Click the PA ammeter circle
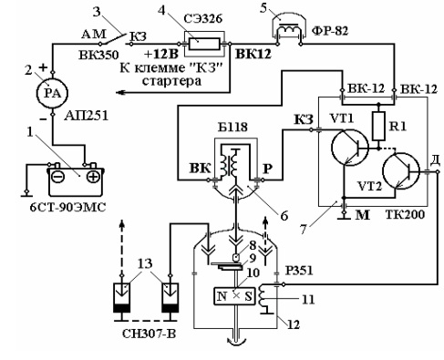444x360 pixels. pos(52,93)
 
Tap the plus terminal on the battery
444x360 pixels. pos(93,177)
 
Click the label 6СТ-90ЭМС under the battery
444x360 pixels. pos(67,208)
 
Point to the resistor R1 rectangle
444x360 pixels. pos(378,126)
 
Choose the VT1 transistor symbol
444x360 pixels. pos(349,148)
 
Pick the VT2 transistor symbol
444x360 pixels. pos(401,171)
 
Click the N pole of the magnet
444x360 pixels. pos(223,296)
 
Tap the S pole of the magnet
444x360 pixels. pos(247,296)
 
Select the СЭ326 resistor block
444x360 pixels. pos(204,44)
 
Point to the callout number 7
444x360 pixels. pos(303,229)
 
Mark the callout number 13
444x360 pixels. pos(145,263)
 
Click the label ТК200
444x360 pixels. pos(405,215)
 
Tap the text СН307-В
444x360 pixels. pos(149,334)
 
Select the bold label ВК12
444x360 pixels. pos(253,54)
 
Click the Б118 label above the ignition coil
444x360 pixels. pos(232,127)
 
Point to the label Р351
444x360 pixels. pos(299,270)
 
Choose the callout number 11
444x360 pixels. pos(308,300)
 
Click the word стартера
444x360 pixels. pos(171,81)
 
